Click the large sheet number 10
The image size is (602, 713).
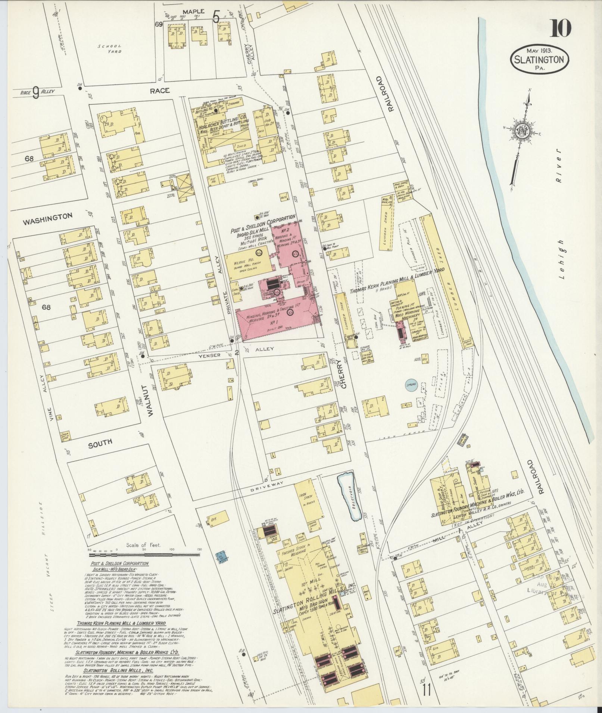560,28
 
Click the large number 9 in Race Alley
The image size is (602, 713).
35,93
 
